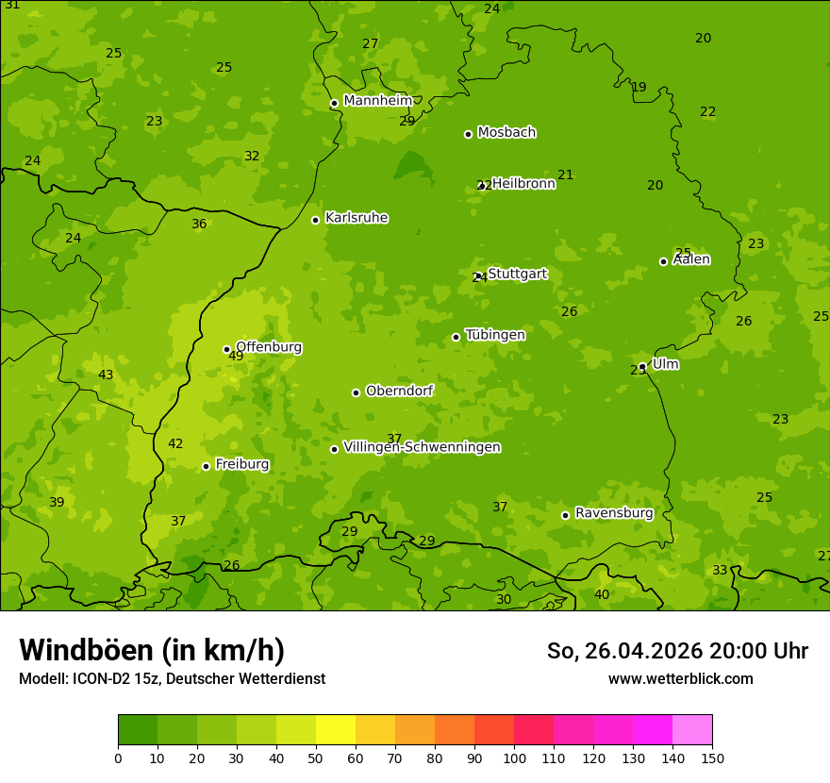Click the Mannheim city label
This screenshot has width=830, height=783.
click(x=377, y=101)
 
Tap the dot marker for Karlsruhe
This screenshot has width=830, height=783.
click(x=315, y=220)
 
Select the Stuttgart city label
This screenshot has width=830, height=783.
click(x=517, y=274)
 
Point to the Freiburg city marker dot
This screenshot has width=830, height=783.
click(x=206, y=466)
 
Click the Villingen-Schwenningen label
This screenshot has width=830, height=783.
click(x=422, y=447)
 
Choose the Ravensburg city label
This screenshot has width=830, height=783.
click(x=613, y=513)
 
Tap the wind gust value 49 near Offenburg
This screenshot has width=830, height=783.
click(x=236, y=357)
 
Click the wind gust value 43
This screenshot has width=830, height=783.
click(x=106, y=375)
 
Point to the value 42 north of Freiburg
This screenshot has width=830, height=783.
click(x=175, y=444)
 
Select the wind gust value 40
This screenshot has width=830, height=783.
click(x=602, y=594)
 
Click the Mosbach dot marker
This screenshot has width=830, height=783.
click(x=468, y=134)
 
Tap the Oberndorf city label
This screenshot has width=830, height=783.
click(x=399, y=391)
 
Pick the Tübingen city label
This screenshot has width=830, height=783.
click(x=494, y=335)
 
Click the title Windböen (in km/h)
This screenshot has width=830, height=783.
click(x=152, y=650)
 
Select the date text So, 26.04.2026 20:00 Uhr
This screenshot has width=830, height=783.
click(x=677, y=651)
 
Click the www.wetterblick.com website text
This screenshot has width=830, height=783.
click(x=680, y=679)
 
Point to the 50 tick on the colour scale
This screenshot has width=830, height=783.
click(x=316, y=758)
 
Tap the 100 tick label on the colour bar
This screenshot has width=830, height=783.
click(x=514, y=758)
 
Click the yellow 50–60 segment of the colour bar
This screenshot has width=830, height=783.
click(x=336, y=730)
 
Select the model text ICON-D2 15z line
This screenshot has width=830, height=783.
click(x=172, y=679)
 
